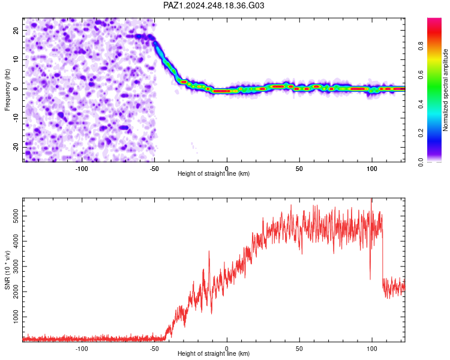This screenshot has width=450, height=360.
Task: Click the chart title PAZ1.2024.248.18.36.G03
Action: [214, 5]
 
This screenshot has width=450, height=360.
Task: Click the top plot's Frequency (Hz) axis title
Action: [7, 90]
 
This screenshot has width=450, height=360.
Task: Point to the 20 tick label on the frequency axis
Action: [16, 30]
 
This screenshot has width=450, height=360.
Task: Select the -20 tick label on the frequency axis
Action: [16, 147]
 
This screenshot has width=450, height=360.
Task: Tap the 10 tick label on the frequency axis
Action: [16, 59]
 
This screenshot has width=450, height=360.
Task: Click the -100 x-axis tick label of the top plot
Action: [82, 169]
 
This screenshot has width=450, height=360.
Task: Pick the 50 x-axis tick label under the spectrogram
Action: [299, 169]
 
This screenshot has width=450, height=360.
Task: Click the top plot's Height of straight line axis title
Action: [214, 173]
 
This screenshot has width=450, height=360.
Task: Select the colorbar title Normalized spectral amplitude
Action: [445, 90]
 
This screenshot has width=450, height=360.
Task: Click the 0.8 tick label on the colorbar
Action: [421, 46]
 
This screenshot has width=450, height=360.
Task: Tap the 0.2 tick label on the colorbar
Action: [421, 133]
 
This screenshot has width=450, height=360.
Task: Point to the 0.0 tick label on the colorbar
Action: [421, 162]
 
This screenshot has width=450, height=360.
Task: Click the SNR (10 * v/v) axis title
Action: [7, 270]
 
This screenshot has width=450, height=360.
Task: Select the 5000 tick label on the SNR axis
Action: [16, 216]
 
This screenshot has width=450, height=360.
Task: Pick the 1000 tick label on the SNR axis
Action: [16, 317]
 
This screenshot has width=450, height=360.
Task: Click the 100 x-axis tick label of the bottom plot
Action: [372, 349]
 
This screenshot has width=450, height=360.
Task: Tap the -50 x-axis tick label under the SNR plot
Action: [154, 349]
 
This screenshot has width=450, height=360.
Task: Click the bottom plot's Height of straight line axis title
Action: [214, 353]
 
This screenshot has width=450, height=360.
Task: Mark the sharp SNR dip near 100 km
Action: [370, 278]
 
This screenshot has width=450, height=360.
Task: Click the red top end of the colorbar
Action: [434, 20]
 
